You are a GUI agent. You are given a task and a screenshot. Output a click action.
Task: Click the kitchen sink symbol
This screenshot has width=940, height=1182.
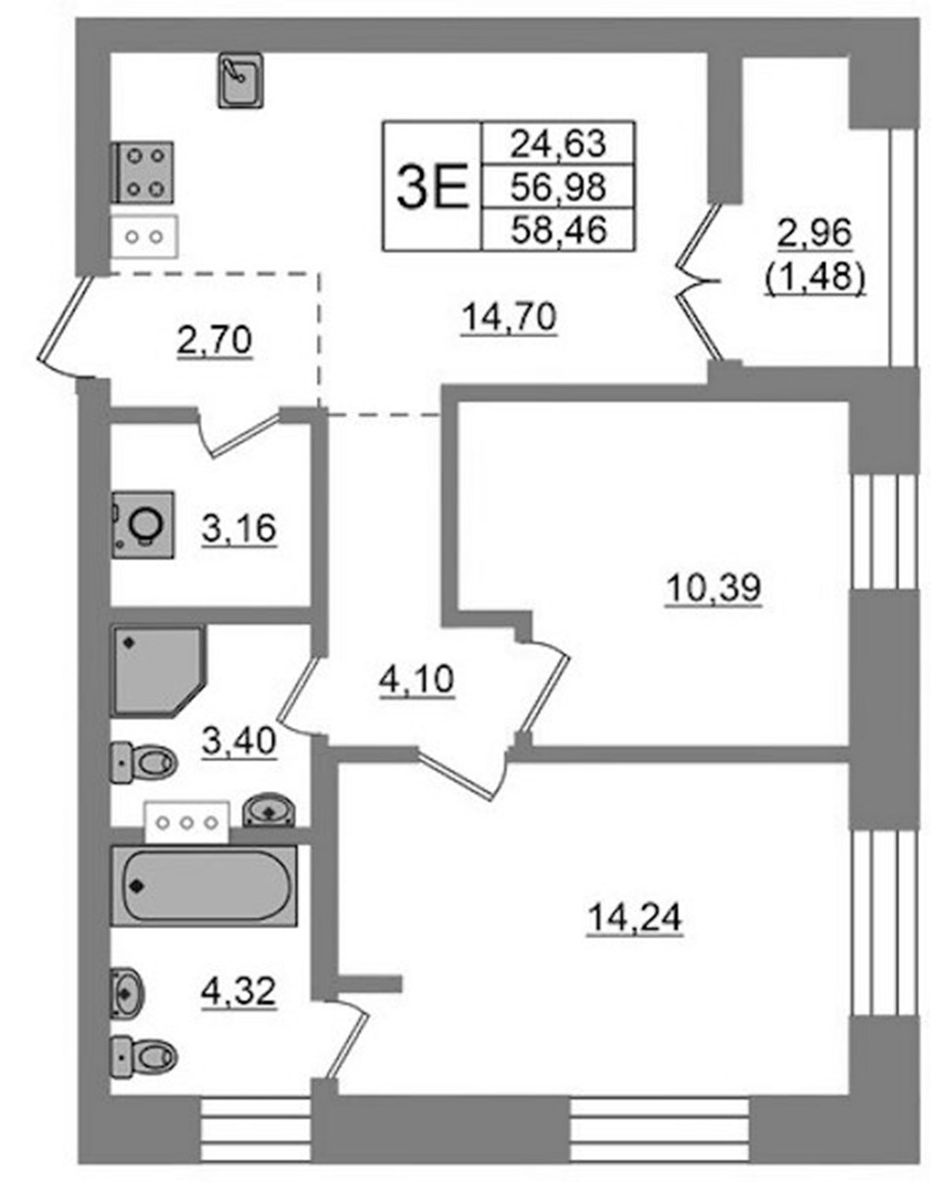(x=240, y=80)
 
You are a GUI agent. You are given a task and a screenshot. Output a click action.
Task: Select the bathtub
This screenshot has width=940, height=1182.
(x=204, y=885)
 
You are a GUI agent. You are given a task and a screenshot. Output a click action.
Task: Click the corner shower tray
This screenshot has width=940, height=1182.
(x=158, y=671)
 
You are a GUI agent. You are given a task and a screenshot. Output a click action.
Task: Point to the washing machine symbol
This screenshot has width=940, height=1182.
(x=143, y=525)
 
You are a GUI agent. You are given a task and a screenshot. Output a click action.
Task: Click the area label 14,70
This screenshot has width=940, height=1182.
(x=509, y=317)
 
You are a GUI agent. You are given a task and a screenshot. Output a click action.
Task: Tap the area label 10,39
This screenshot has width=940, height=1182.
(x=714, y=588)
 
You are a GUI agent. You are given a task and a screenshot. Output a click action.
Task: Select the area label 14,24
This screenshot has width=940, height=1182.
(x=634, y=917)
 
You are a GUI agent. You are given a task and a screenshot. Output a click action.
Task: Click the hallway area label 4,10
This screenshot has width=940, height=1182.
(x=416, y=680)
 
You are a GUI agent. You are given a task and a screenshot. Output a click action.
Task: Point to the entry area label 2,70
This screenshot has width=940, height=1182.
(x=214, y=340)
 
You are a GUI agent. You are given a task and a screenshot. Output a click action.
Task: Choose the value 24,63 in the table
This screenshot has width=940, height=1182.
(x=558, y=143)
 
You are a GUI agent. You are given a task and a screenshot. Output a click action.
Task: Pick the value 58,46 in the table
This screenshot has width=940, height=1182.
(x=558, y=229)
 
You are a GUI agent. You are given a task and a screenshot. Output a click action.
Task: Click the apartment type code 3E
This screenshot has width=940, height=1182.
(x=432, y=186)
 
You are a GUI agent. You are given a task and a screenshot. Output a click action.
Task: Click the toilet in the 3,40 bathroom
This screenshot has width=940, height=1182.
(x=144, y=762)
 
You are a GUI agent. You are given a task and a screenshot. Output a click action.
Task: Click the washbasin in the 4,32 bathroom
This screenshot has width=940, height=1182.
(x=127, y=993)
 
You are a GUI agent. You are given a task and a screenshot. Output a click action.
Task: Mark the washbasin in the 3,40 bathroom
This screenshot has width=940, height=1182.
(x=269, y=809)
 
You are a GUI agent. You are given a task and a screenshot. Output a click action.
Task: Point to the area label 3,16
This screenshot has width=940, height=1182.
(x=238, y=528)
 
